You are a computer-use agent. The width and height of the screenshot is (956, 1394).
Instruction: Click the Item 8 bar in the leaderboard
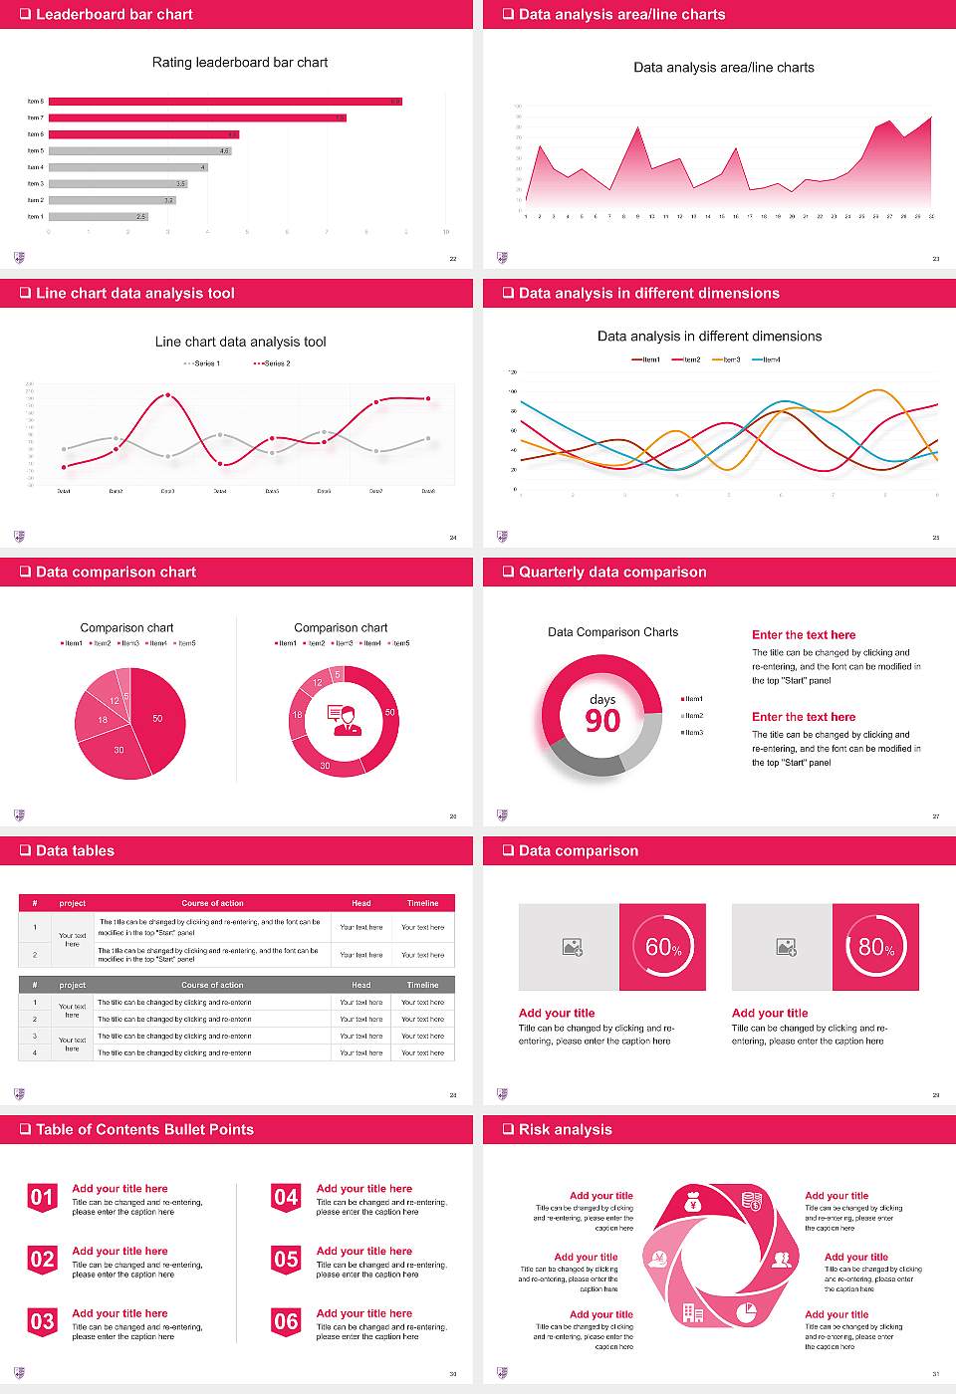225,102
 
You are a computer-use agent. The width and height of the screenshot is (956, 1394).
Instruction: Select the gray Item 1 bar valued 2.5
98,216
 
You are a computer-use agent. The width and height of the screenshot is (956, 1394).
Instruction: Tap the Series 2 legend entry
272,363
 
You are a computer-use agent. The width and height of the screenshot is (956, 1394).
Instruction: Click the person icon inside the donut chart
344,720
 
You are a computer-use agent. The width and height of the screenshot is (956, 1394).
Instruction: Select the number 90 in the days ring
602,721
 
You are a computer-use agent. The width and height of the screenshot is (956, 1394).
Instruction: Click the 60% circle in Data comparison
663,947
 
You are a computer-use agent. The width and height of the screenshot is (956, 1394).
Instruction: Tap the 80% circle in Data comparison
876,947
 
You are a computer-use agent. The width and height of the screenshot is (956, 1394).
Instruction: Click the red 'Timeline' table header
422,903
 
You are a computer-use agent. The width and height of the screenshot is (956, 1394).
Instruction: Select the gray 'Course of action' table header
212,985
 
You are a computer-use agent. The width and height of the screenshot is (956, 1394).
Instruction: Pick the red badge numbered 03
42,1322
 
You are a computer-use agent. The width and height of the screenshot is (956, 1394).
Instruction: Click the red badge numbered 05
286,1260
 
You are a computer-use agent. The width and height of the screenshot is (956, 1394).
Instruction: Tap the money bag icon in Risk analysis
694,1204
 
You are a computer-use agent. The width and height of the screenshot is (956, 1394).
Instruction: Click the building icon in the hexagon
692,1313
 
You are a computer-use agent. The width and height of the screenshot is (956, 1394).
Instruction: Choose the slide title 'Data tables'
75,851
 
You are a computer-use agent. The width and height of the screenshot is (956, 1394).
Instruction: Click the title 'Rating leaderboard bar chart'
240,63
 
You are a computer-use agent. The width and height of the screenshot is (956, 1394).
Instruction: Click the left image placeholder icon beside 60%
572,947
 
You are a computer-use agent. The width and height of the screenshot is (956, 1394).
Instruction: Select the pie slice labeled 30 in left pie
119,751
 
